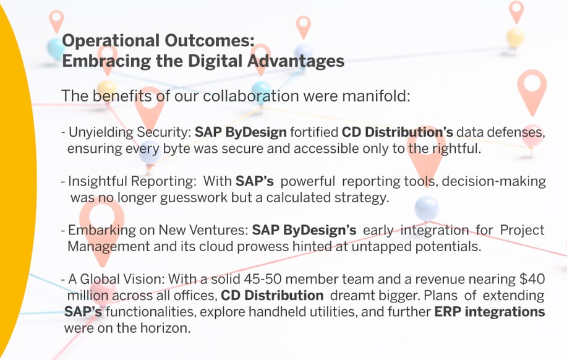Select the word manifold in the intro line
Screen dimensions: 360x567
pyautogui.click(x=374, y=97)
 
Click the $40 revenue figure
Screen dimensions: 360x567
pyautogui.click(x=533, y=280)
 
